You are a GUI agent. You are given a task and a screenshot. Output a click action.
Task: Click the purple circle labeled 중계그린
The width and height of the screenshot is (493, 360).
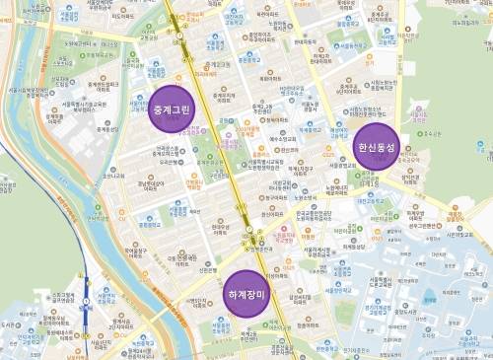(172, 108)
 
